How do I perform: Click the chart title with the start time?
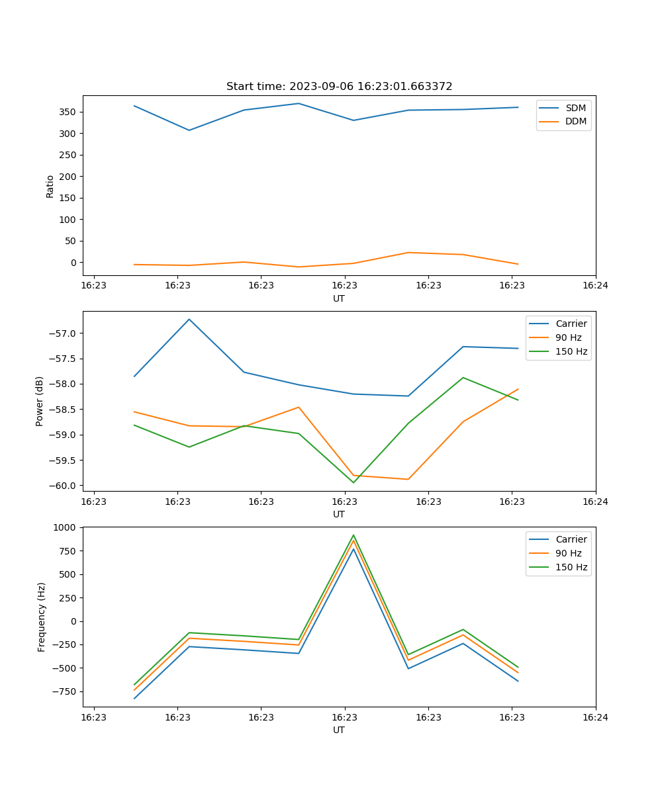coord(339,87)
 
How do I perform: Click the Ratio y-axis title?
coord(50,186)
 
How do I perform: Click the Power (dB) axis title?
coord(40,401)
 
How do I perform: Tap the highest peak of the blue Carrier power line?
coord(189,320)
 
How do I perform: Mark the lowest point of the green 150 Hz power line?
coord(353,482)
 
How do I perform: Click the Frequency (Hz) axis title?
coord(42,617)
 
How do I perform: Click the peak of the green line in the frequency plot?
coord(354,535)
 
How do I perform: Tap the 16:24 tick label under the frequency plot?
coord(595,717)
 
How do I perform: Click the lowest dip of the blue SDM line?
coord(189,130)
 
